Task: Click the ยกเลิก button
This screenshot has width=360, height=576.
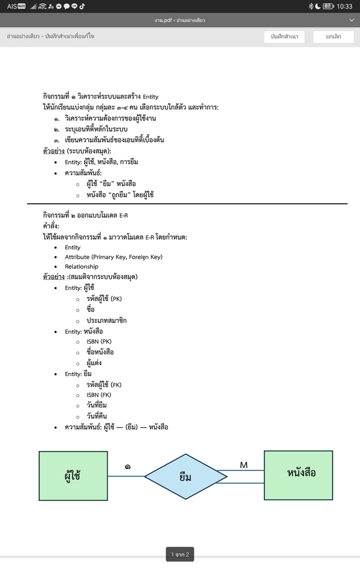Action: click(334, 37)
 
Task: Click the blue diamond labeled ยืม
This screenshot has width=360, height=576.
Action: click(185, 476)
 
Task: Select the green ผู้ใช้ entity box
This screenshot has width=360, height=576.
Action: click(73, 476)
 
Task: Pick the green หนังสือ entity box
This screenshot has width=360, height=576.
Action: click(298, 475)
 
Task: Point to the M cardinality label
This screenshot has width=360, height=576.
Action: click(244, 465)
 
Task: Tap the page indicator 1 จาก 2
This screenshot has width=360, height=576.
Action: click(180, 554)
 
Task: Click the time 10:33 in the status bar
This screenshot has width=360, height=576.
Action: click(344, 7)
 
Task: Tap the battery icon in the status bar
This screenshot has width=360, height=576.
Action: click(328, 7)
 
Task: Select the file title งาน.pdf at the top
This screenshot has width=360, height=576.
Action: click(179, 20)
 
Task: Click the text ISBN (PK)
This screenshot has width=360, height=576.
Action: click(99, 341)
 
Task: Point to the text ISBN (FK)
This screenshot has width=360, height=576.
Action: click(99, 395)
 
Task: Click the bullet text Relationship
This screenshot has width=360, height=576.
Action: click(82, 266)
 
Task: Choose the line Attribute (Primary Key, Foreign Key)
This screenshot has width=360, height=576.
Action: click(113, 257)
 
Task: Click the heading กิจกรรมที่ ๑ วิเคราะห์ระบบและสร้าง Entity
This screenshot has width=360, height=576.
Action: click(100, 97)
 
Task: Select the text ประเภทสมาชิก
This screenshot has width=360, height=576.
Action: click(106, 320)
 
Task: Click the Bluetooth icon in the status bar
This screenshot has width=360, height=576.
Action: click(311, 7)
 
